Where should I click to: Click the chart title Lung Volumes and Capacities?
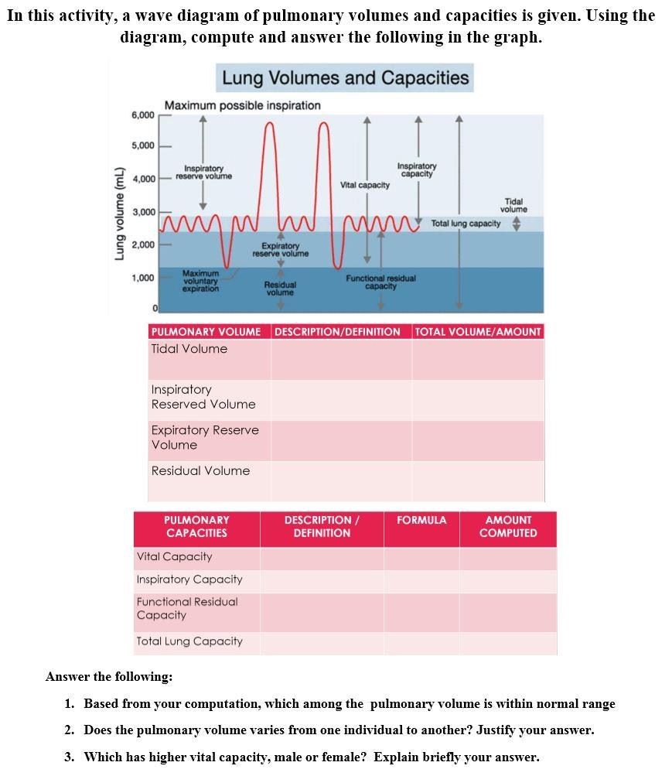click(x=345, y=78)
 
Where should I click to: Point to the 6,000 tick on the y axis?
click(x=143, y=115)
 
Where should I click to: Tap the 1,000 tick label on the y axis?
click(x=143, y=278)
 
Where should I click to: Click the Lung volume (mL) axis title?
click(x=120, y=214)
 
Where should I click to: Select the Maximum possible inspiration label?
click(x=242, y=105)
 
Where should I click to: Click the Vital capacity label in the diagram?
click(x=365, y=185)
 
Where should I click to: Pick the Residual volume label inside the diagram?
click(x=280, y=289)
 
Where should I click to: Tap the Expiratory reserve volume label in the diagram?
click(x=280, y=249)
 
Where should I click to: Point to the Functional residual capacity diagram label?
click(x=380, y=282)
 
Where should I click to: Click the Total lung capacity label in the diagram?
click(x=466, y=224)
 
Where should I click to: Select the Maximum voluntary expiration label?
click(x=200, y=281)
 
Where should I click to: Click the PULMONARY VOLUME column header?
click(x=206, y=332)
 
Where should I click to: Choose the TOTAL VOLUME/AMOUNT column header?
click(x=478, y=332)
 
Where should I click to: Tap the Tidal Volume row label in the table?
click(x=189, y=349)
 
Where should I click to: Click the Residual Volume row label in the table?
click(x=200, y=470)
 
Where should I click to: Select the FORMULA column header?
click(x=421, y=521)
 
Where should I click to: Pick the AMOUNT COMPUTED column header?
click(x=508, y=527)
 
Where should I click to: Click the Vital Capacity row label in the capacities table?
click(x=174, y=557)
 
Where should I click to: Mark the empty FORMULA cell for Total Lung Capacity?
click(x=421, y=642)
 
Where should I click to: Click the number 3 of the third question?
click(x=69, y=757)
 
